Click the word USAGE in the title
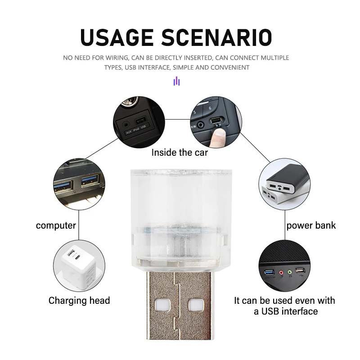click(117, 37)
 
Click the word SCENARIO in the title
click(217, 37)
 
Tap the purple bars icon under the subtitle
click(176, 81)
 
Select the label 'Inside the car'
click(180, 153)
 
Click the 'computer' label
click(56, 225)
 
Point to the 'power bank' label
click(311, 225)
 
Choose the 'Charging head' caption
click(79, 300)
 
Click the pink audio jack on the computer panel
click(281, 273)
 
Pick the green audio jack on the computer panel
click(290, 272)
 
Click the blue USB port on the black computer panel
click(270, 273)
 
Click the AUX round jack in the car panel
click(126, 125)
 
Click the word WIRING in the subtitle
click(117, 58)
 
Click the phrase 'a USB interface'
click(286, 311)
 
